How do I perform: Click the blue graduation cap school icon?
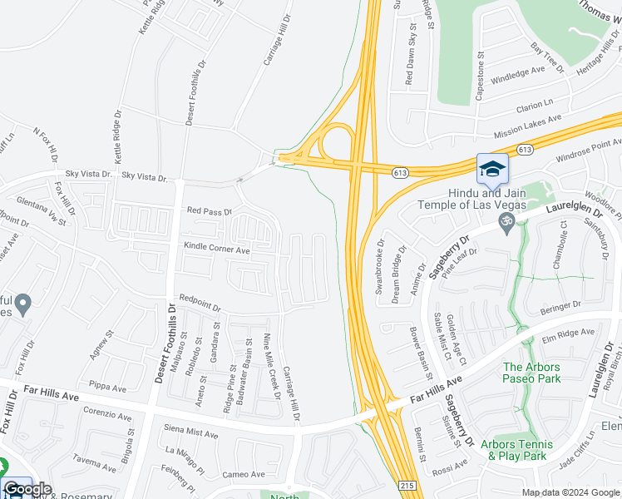[x=491, y=169]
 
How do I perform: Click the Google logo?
[x=27, y=489]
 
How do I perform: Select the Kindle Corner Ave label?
[x=217, y=249]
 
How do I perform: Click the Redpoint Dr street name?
[x=199, y=304]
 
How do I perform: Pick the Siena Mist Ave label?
[x=191, y=433]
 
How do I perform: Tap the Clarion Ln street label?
[x=534, y=106]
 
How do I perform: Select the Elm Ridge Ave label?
[x=570, y=334]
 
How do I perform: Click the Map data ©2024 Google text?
[x=570, y=492]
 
